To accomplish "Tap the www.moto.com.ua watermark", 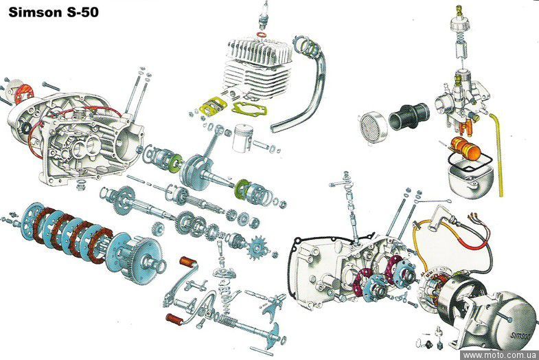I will tap(499, 355).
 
